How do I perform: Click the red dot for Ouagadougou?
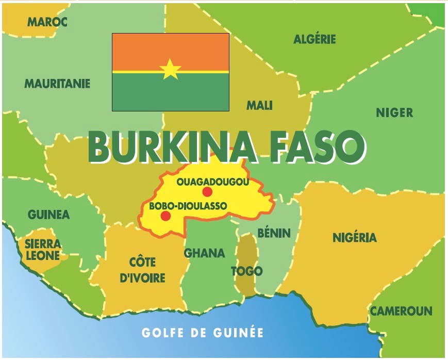207,192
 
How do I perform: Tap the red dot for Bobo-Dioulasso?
165,216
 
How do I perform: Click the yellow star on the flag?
170,69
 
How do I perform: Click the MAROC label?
47,22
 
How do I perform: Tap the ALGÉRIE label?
314,39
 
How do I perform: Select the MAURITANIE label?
57,84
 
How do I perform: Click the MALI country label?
259,106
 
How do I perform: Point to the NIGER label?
394,113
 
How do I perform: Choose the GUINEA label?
48,215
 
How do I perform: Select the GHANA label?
205,253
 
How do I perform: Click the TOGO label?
246,271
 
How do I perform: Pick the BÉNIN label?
274,234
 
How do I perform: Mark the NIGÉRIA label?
354,238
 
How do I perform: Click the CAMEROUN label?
401,312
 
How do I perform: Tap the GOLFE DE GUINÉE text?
203,333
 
